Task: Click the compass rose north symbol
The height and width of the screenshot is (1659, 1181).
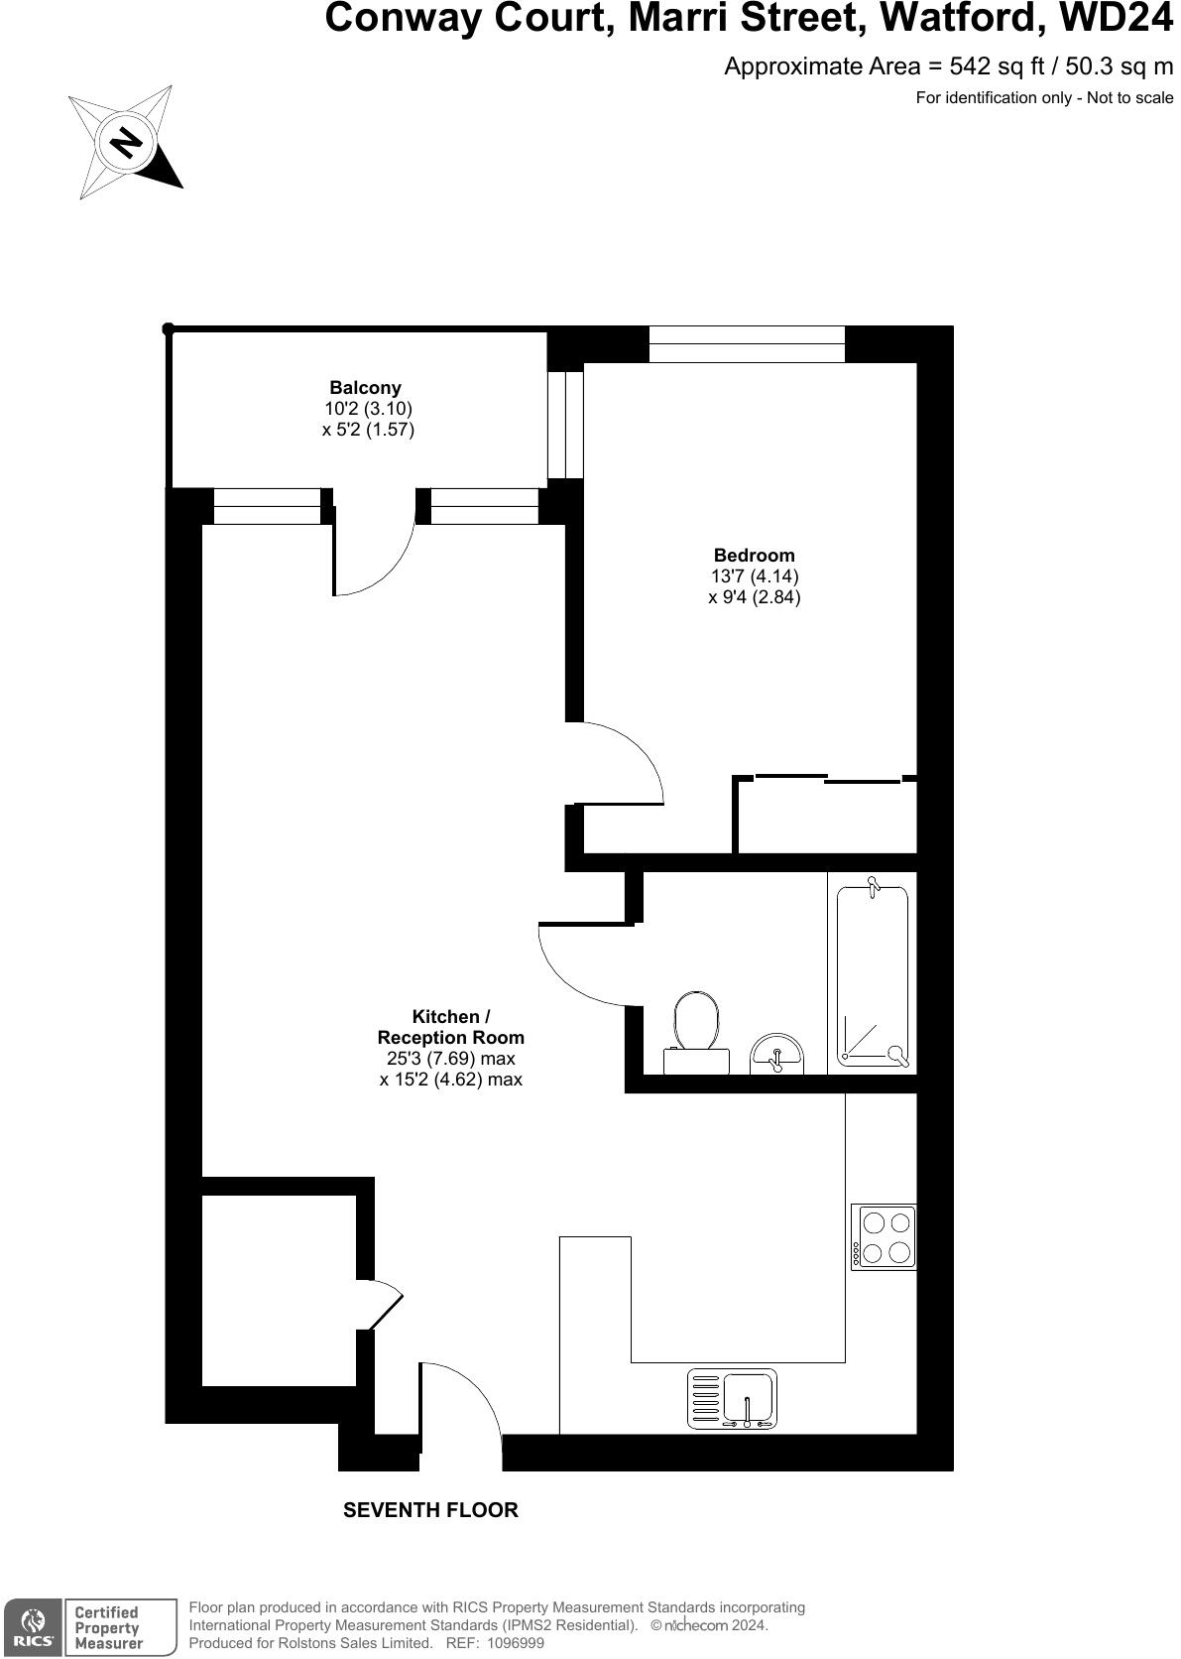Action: (125, 143)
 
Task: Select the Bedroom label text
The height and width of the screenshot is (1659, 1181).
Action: (754, 556)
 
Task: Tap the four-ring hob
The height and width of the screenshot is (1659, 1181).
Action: (885, 1236)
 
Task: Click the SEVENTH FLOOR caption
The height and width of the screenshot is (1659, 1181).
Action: (430, 1510)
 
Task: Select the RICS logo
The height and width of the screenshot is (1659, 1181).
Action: (33, 1627)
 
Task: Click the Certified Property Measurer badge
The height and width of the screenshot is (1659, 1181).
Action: (119, 1627)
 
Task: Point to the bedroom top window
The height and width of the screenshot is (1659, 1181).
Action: (747, 344)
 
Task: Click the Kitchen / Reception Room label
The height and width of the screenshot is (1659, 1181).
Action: (451, 1027)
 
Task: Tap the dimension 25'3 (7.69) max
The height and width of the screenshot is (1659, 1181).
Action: (451, 1059)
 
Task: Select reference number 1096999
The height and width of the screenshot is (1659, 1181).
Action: (510, 1643)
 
